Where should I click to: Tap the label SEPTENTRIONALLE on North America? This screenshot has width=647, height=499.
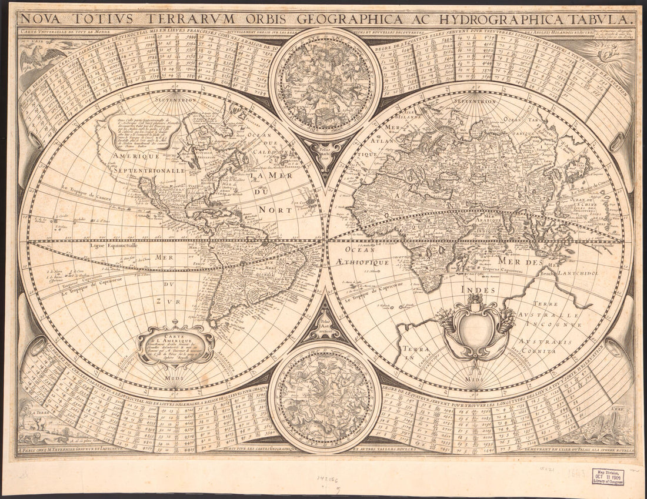[x=154, y=170]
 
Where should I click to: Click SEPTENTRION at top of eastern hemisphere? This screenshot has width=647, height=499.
[x=476, y=101]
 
